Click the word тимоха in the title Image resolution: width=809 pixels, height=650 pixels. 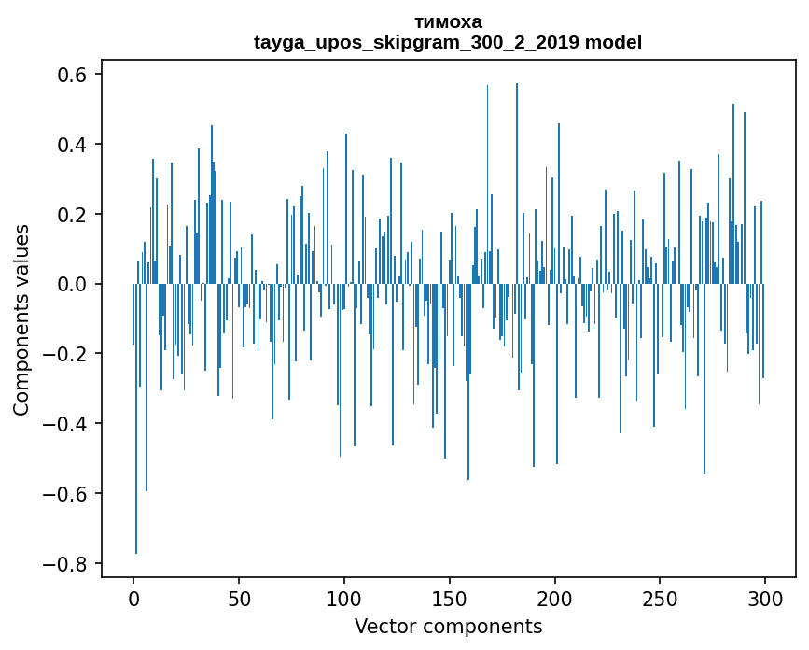(448, 21)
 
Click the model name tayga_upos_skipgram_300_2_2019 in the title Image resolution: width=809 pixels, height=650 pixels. (417, 42)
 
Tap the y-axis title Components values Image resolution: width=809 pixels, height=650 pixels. (21, 319)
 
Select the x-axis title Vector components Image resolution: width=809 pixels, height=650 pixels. (448, 626)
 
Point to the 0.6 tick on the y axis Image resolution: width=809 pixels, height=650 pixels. (75, 75)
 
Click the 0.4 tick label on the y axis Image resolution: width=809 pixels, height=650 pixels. (75, 145)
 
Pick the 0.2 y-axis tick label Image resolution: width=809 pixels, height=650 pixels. (75, 214)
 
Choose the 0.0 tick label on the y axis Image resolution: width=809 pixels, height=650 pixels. (75, 284)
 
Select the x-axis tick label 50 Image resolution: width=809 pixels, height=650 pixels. (239, 597)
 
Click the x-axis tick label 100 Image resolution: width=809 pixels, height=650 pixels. (344, 597)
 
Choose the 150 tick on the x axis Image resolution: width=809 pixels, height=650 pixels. (450, 597)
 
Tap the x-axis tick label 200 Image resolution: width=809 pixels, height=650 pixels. (555, 597)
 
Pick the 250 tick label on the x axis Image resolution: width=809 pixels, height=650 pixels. (661, 597)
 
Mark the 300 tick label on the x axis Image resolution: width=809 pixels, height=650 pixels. (765, 597)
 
